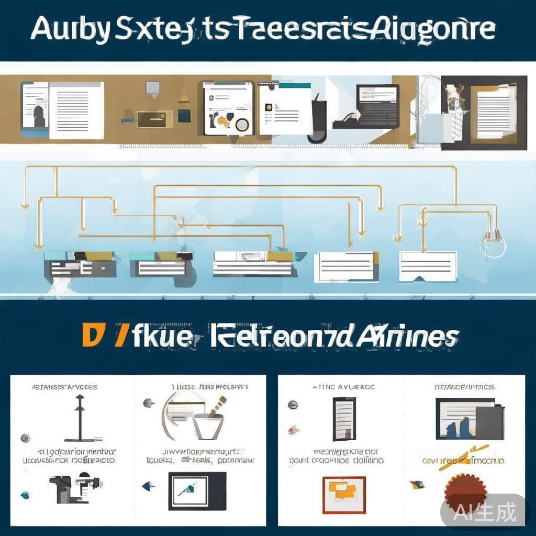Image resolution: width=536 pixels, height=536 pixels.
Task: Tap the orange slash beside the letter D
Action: [x=120, y=336]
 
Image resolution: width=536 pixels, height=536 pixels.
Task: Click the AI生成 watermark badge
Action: [x=485, y=511]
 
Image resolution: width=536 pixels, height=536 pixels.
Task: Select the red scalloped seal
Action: [x=465, y=490]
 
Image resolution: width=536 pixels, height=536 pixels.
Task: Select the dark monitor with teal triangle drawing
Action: [x=197, y=490]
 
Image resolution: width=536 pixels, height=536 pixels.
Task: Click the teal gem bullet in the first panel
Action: [x=25, y=494]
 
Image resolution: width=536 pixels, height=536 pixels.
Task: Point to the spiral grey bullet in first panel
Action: [x=24, y=438]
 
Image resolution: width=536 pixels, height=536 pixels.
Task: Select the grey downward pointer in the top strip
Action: [x=152, y=89]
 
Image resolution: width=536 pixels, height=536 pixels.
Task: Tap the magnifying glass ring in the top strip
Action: [x=241, y=125]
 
